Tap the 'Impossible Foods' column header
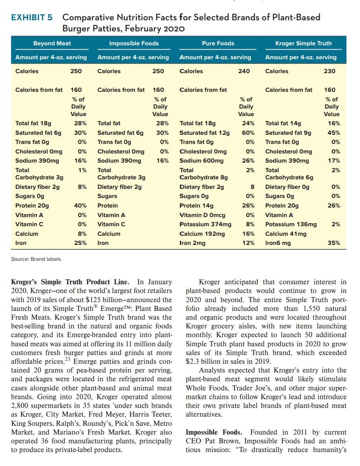coord(134,43)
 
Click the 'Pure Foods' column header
coord(218,43)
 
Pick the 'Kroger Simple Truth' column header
coord(303,43)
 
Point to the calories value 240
coord(244,71)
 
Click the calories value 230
coord(329,71)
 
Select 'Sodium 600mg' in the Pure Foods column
coord(201,161)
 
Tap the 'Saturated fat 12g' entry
coord(205,133)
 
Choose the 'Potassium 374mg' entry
coord(203,224)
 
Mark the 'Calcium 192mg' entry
coord(202,234)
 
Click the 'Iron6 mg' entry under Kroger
coord(278,243)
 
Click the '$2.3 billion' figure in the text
coord(202,361)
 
